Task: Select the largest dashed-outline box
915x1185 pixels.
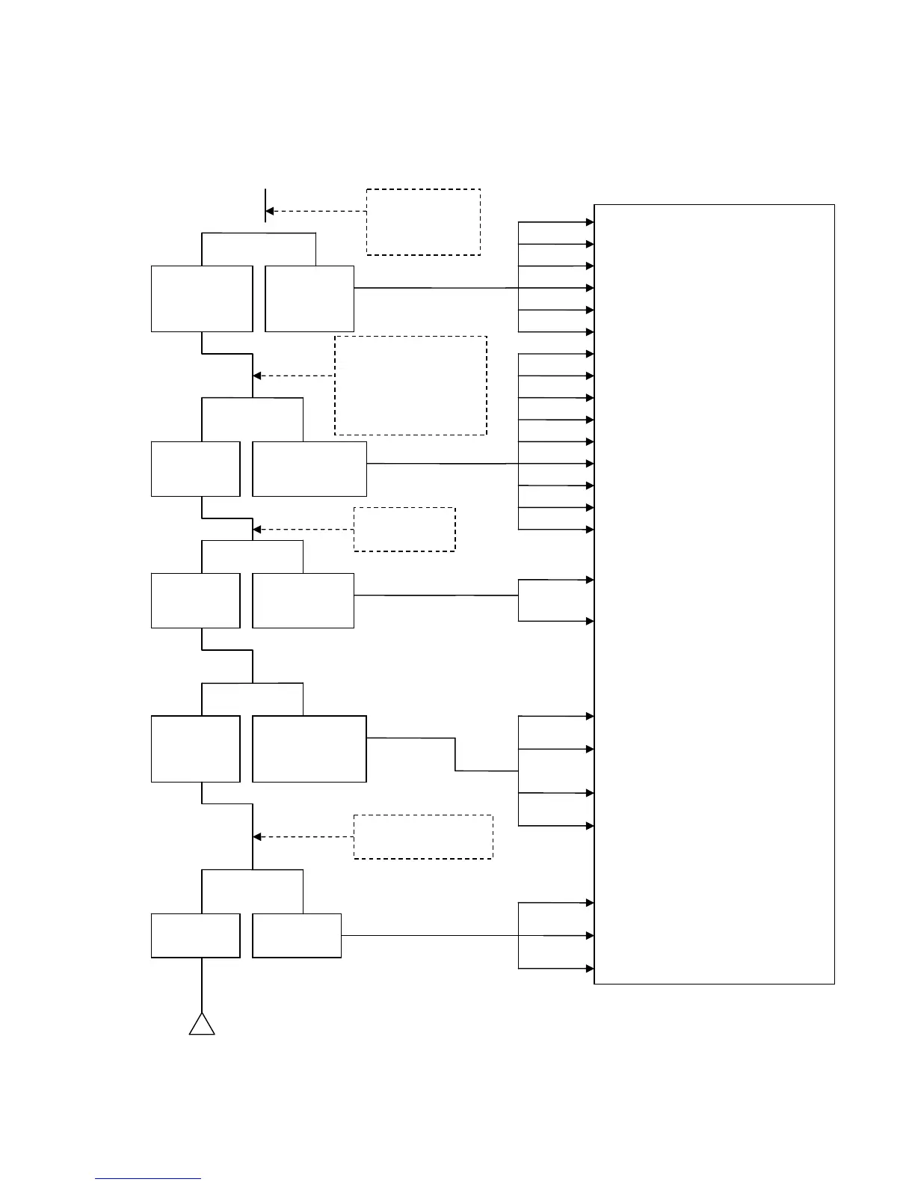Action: pyautogui.click(x=410, y=385)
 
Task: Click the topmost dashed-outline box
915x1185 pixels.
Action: pyautogui.click(x=423, y=222)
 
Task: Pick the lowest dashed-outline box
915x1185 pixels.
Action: pyautogui.click(x=423, y=836)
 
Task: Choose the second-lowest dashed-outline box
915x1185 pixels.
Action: pyautogui.click(x=404, y=530)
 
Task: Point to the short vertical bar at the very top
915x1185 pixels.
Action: pyautogui.click(x=265, y=206)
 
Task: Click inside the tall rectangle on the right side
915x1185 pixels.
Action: pyautogui.click(x=714, y=594)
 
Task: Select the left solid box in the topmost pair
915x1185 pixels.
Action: pyautogui.click(x=202, y=298)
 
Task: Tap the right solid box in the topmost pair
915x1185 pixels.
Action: pyautogui.click(x=309, y=298)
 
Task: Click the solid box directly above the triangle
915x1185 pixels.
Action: pyautogui.click(x=196, y=935)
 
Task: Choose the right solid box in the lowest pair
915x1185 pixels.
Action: pyautogui.click(x=297, y=935)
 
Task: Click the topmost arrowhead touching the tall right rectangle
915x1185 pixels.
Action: pyautogui.click(x=590, y=222)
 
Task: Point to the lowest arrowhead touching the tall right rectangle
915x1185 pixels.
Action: pyautogui.click(x=590, y=969)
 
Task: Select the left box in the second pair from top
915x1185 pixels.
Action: pyautogui.click(x=196, y=469)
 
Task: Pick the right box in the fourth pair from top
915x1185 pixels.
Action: pyautogui.click(x=309, y=749)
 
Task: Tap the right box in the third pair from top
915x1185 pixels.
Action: pyautogui.click(x=303, y=601)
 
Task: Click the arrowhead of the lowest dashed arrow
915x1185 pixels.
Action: pyautogui.click(x=257, y=837)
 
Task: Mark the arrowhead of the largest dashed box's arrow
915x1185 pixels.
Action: pyautogui.click(x=257, y=376)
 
